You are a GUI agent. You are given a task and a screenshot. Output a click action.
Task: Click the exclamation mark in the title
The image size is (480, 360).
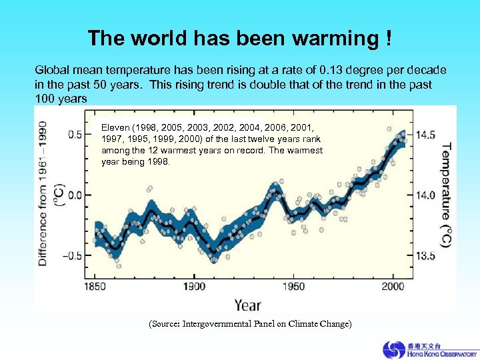pos(388,38)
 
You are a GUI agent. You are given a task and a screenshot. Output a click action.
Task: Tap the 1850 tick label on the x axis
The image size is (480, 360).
pos(94,287)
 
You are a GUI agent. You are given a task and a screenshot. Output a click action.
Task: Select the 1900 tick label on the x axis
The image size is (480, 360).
pos(195,287)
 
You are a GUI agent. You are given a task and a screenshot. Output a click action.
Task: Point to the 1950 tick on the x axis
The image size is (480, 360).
pos(294,287)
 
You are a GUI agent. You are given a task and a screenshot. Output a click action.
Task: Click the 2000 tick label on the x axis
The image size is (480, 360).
pos(393,287)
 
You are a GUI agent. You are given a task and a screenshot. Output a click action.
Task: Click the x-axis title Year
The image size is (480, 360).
pos(247,305)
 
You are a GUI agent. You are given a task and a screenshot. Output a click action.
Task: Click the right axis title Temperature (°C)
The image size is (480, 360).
pos(446,195)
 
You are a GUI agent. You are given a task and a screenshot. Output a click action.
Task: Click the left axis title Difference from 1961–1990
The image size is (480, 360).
pos(43,193)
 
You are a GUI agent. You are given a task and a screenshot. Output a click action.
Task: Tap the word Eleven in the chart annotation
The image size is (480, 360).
pos(115,127)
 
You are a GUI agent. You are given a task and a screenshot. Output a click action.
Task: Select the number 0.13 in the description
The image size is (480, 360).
pos(331,70)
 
